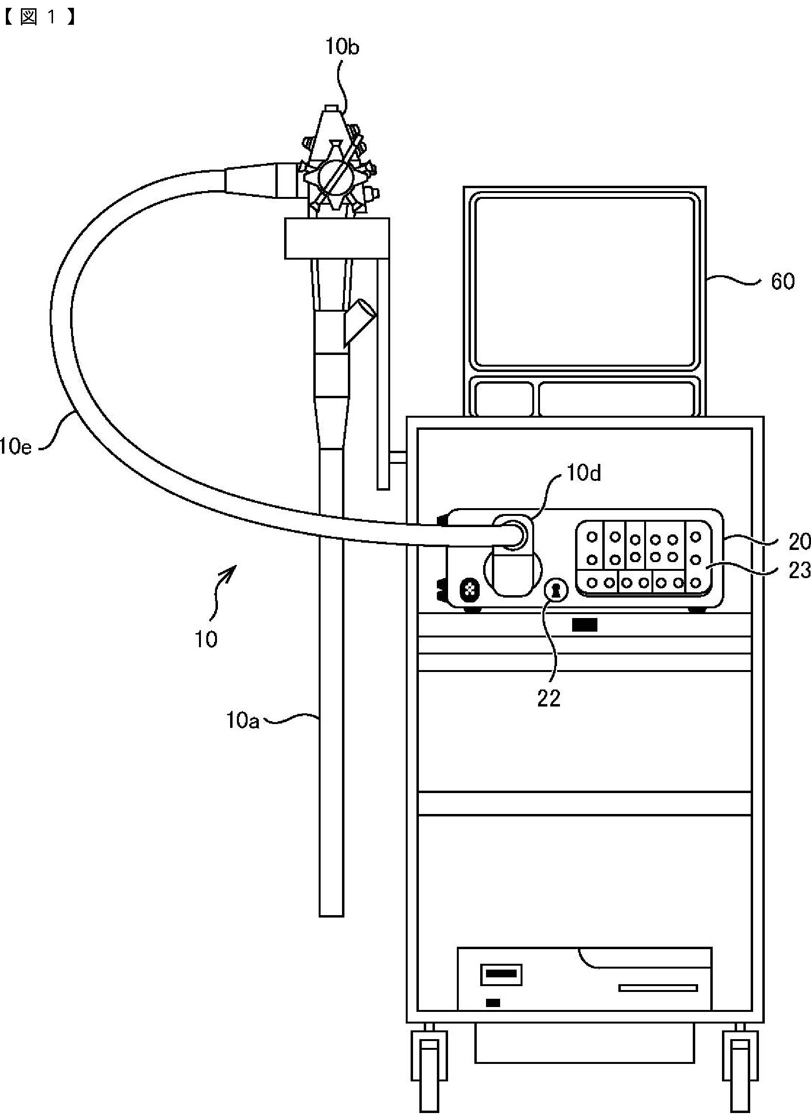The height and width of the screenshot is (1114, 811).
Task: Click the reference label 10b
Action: tap(342, 47)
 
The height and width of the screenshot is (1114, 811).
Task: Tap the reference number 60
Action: tap(782, 282)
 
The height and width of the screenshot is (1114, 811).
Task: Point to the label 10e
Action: tap(16, 448)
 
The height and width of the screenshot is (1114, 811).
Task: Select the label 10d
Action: tap(583, 473)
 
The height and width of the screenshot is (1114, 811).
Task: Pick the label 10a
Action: tap(242, 721)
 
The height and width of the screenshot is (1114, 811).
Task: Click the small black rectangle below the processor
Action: tap(584, 625)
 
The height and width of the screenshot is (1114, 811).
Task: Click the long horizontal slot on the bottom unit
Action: tap(658, 988)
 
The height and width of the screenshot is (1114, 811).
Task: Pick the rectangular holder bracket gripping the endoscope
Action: tap(337, 238)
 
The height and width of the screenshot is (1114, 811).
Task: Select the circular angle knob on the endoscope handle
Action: tap(335, 178)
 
